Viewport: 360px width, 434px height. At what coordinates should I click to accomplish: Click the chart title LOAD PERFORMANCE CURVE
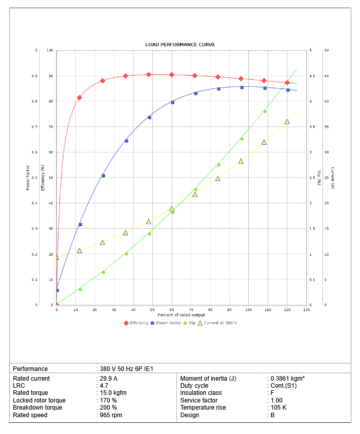pyautogui.click(x=180, y=45)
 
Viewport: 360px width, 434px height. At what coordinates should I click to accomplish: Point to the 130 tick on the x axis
pyautogui.click(x=306, y=309)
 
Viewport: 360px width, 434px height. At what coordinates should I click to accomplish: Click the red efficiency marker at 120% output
pyautogui.click(x=287, y=82)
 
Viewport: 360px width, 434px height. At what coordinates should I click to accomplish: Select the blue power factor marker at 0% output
pyautogui.click(x=57, y=290)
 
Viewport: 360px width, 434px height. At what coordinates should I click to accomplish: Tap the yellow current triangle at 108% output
pyautogui.click(x=264, y=142)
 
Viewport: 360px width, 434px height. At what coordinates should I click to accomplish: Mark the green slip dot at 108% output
pyautogui.click(x=265, y=111)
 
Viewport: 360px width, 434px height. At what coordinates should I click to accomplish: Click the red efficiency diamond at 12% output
pyautogui.click(x=79, y=98)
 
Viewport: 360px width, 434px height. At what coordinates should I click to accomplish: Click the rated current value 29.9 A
pyautogui.click(x=108, y=379)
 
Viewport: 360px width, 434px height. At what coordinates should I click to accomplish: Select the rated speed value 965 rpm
pyautogui.click(x=111, y=415)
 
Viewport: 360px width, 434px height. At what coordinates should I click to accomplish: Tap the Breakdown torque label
pyautogui.click(x=38, y=408)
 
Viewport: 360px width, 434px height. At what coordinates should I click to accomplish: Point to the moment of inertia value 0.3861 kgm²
pyautogui.click(x=287, y=379)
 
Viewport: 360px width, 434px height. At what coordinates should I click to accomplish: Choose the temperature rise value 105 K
pyautogui.click(x=279, y=408)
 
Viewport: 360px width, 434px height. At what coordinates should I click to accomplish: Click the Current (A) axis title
pyautogui.click(x=332, y=178)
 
